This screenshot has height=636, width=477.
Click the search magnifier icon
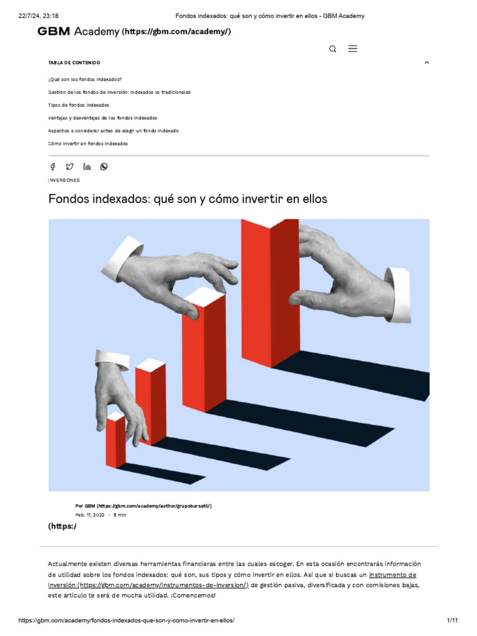333,49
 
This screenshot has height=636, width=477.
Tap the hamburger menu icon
353,48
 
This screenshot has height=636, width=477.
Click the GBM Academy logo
78,31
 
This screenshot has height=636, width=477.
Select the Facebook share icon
53,166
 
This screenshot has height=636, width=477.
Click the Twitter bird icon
70,166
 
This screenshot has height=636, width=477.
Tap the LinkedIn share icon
87,166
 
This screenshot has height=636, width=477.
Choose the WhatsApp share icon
104,166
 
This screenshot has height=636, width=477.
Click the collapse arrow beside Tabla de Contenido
427,63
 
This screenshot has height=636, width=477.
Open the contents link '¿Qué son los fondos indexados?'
84,79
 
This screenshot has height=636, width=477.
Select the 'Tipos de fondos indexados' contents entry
78,105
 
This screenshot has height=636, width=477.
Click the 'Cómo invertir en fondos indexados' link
88,143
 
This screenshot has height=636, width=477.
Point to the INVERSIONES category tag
64,180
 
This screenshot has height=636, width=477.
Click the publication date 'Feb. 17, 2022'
90,515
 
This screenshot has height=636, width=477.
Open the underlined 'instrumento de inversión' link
393,575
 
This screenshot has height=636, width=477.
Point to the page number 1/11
452,620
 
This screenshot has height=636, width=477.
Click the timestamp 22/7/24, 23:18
39,16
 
